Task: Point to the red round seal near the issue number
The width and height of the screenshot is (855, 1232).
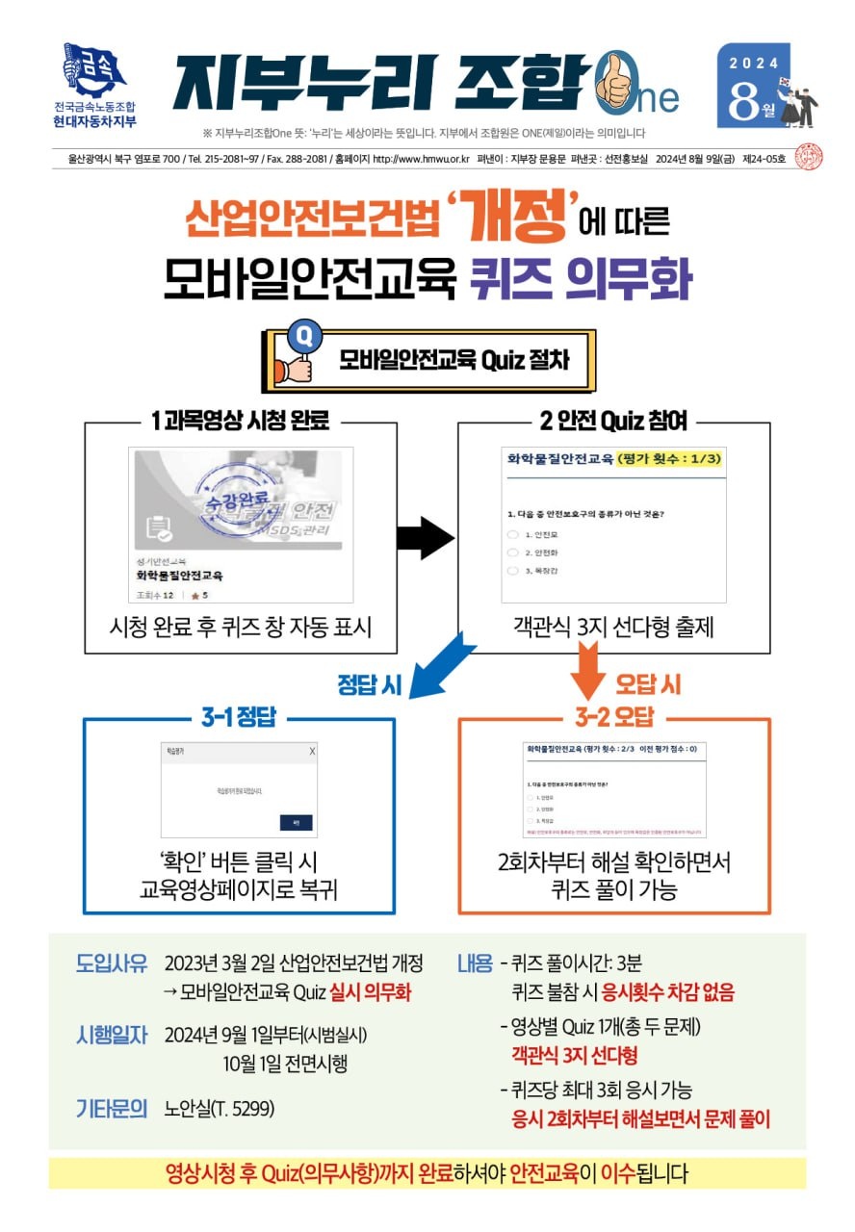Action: click(811, 158)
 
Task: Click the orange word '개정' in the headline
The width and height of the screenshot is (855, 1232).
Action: click(511, 218)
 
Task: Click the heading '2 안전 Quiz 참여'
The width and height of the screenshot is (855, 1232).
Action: click(613, 422)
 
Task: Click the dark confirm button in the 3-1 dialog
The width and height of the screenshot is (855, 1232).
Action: click(297, 822)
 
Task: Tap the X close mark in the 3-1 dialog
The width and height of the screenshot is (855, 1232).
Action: click(311, 751)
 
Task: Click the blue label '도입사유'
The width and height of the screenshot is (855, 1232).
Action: click(112, 963)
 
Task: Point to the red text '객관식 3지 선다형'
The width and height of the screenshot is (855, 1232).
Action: click(575, 1056)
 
